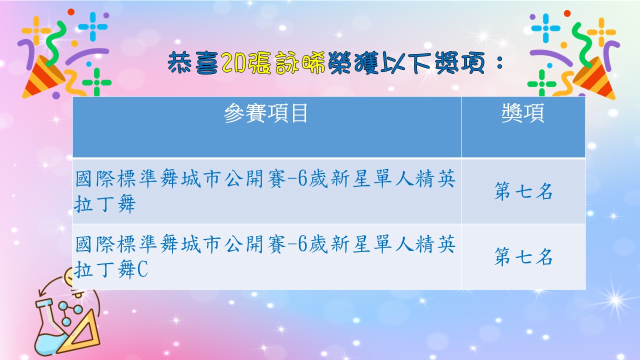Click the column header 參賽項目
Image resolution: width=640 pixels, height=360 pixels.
click(265, 113)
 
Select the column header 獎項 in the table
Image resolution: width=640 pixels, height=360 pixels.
click(523, 113)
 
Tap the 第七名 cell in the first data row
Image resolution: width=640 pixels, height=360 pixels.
click(523, 191)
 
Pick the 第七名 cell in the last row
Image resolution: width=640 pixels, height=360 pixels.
click(523, 257)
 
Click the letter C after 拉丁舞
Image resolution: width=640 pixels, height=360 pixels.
click(142, 269)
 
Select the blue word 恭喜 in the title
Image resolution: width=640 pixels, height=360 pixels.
click(194, 63)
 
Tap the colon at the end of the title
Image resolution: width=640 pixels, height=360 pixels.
click(499, 63)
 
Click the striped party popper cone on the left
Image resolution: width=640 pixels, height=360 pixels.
click(43, 77)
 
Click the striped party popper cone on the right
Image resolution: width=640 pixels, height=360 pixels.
click(595, 78)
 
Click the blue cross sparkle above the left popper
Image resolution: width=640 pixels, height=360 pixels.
click(93, 27)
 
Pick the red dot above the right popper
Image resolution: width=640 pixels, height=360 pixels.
click(567, 13)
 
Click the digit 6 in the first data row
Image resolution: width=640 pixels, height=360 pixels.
click(302, 179)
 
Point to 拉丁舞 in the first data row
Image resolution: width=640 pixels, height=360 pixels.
click(104, 204)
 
